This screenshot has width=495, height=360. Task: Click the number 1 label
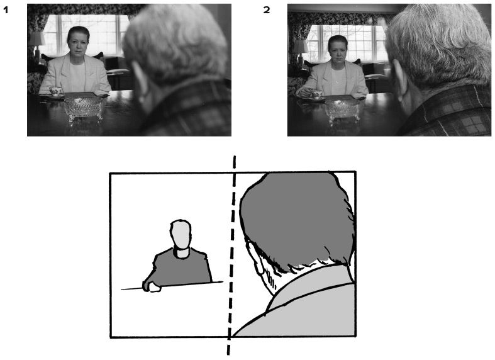(6, 10)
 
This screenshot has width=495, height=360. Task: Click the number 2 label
(267, 10)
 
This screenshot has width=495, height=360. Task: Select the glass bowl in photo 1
(84, 109)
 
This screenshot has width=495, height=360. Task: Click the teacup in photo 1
(55, 92)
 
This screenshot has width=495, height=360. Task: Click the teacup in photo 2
(316, 94)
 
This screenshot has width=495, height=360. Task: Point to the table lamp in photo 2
(301, 52)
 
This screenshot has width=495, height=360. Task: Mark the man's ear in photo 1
(138, 78)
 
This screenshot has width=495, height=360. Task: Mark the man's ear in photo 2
(398, 80)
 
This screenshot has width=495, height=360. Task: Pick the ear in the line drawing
(259, 261)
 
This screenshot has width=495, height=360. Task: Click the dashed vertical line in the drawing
(231, 256)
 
